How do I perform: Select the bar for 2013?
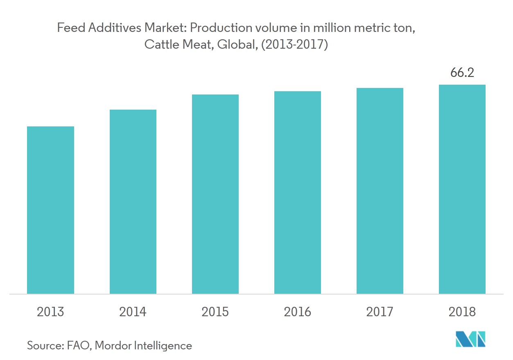[50, 210]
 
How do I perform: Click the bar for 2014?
[133, 202]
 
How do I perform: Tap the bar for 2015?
[215, 194]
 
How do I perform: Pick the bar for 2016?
[298, 192]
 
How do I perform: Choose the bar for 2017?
[380, 191]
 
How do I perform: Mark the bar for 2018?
[462, 189]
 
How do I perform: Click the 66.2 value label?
[462, 73]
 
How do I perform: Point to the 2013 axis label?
[50, 312]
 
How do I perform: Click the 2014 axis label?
[133, 312]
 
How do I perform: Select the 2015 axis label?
[215, 312]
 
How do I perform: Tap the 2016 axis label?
[298, 312]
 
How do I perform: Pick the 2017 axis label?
[380, 312]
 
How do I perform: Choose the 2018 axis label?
[462, 312]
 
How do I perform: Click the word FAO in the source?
[80, 346]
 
